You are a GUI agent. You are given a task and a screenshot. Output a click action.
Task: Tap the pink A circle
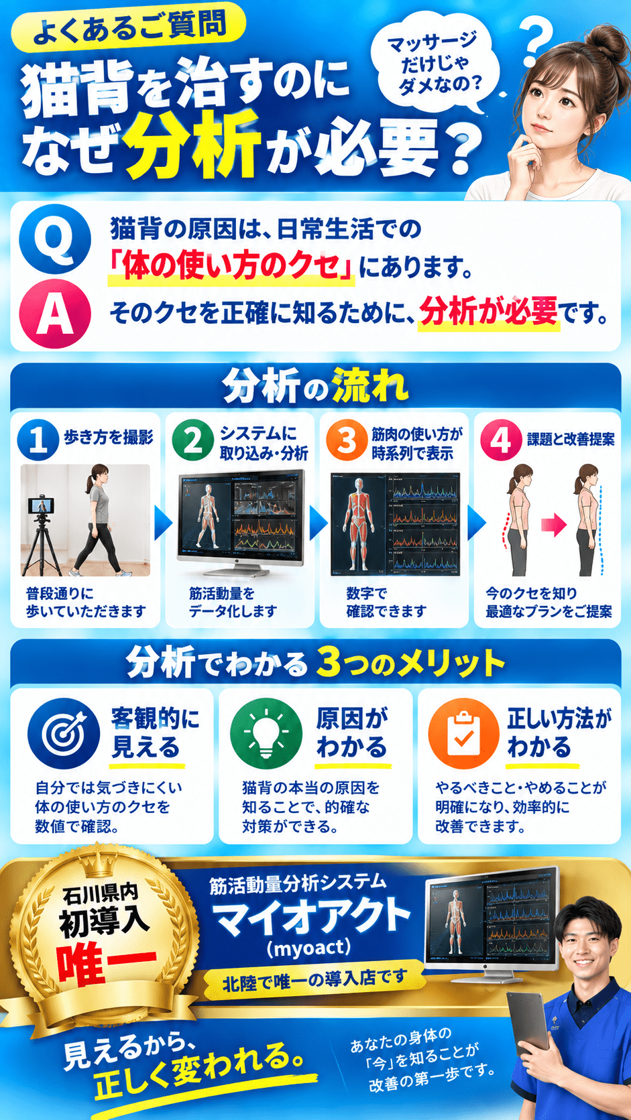54,314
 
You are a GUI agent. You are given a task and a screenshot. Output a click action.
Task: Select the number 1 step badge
38,440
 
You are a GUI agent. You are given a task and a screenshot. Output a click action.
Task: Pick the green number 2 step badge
192,440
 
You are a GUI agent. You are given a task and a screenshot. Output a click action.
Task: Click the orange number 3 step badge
347,440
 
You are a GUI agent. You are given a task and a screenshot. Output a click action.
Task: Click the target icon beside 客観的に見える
64,733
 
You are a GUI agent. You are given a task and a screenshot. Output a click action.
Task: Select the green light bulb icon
266,733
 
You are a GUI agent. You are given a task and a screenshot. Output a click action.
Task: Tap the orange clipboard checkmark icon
464,733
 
